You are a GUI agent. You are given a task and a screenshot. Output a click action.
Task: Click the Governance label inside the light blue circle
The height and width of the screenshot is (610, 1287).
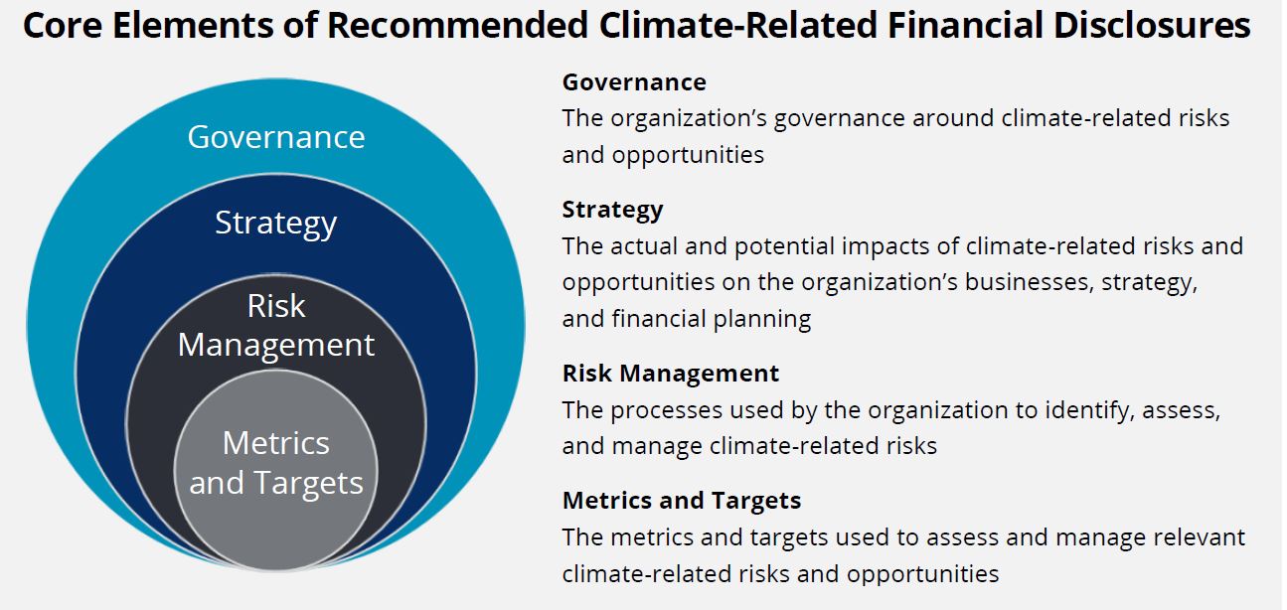[x=276, y=137]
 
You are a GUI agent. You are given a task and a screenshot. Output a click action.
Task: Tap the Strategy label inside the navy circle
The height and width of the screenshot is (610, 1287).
[x=276, y=223]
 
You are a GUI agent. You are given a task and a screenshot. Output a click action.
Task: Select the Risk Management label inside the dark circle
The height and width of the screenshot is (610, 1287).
[x=276, y=325]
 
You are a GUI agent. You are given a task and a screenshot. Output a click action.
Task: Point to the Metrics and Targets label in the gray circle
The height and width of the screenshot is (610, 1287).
[x=276, y=463]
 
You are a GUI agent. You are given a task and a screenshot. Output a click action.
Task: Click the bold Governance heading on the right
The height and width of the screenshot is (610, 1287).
[x=634, y=82]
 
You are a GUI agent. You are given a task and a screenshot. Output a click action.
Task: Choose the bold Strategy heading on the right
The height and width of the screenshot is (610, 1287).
[x=612, y=211]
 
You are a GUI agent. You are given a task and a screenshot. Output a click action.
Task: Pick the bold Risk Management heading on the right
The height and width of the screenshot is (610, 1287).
[x=671, y=374]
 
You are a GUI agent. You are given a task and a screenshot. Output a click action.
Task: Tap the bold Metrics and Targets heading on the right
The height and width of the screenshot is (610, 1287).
[x=682, y=501]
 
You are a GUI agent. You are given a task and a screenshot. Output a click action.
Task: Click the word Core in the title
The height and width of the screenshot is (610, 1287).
[x=63, y=25]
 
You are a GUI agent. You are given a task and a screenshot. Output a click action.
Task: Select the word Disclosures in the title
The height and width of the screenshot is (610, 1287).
[x=1152, y=25]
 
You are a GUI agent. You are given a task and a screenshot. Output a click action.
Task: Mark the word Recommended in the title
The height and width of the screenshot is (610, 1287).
[x=457, y=25]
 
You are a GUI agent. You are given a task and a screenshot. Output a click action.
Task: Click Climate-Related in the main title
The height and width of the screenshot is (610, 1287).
[x=737, y=25]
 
